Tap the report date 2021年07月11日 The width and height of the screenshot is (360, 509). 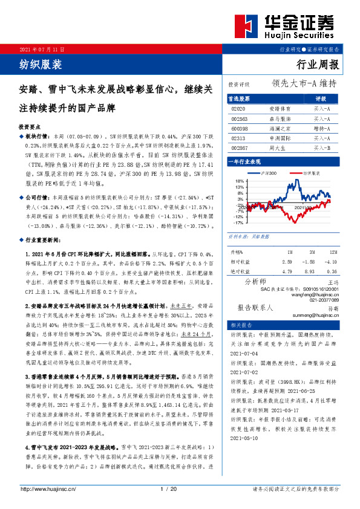[x=42, y=48]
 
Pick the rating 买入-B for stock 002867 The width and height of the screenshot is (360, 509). [x=321, y=148]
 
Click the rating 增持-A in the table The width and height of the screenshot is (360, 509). [x=321, y=128]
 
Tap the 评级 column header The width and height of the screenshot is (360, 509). [x=321, y=97]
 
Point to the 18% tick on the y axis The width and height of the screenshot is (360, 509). [x=240, y=181]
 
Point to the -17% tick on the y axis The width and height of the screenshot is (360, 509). [x=240, y=222]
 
